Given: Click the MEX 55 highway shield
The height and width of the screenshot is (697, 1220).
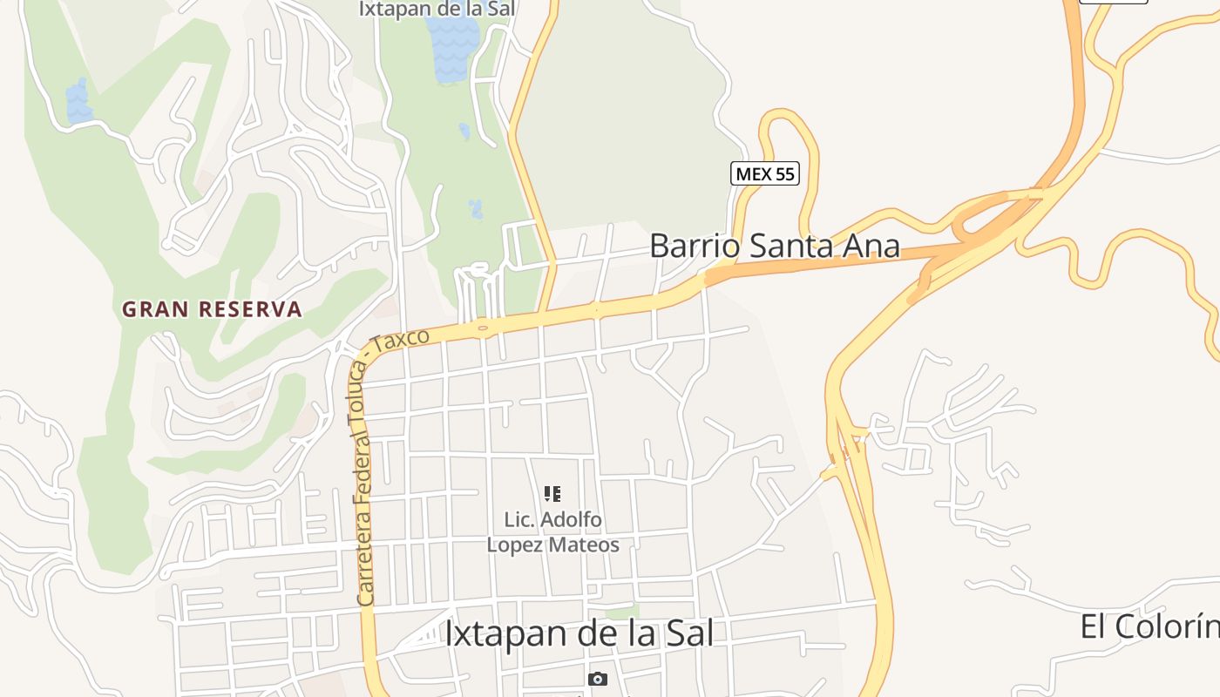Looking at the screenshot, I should click(x=764, y=173).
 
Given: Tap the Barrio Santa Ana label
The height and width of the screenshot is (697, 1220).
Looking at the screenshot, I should click(x=774, y=246).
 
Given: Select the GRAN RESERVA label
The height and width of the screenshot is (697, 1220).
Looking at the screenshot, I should click(x=212, y=309).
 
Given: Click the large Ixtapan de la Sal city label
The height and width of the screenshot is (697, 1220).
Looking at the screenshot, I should click(x=579, y=633).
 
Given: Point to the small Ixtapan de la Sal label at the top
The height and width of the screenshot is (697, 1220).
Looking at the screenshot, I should click(x=437, y=10).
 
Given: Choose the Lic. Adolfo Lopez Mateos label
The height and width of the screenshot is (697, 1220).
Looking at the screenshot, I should click(x=552, y=532).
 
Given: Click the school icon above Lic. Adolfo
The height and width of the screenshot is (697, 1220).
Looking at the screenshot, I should click(x=552, y=494).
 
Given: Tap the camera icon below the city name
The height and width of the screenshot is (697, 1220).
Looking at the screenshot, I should click(x=597, y=679).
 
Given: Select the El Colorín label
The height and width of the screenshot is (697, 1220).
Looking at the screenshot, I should click(x=1149, y=626).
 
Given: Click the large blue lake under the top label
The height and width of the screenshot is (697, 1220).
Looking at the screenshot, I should click(x=452, y=49).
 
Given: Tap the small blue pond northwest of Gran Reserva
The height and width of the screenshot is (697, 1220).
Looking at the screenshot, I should click(x=78, y=102).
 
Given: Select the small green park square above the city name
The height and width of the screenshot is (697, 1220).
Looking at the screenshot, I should click(x=622, y=612).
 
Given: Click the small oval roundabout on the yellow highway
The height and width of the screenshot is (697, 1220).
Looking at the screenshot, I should click(x=482, y=328).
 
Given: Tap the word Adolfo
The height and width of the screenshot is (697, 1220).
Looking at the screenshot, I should click(x=571, y=520).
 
